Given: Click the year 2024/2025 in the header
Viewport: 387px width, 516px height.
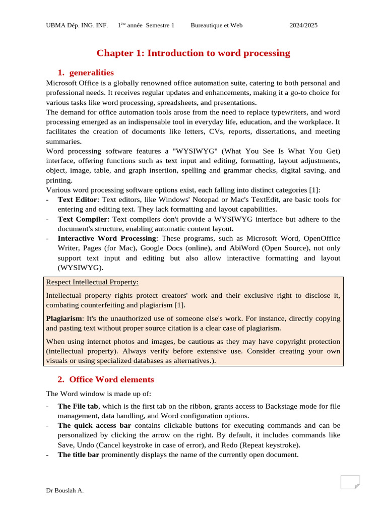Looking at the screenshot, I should tap(303, 25).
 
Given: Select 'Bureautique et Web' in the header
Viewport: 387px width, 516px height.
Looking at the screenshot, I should tap(217, 25).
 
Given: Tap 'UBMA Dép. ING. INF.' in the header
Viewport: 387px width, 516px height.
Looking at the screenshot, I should tap(77, 25).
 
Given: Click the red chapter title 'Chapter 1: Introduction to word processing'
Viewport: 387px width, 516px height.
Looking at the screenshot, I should tap(193, 53).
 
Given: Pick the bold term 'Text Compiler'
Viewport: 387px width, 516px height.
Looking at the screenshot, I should tap(83, 219).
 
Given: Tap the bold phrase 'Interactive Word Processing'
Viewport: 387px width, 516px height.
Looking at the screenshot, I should tap(107, 238).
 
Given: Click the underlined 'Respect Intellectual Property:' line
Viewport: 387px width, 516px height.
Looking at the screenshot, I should tap(92, 282).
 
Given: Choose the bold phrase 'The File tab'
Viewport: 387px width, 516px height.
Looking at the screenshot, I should tap(78, 406).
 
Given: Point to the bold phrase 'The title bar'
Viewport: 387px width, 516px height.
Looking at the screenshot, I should tap(79, 455).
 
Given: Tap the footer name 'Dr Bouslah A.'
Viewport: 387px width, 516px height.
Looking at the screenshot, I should tap(65, 490).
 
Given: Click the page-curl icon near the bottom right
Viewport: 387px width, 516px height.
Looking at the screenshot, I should tap(350, 482).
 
